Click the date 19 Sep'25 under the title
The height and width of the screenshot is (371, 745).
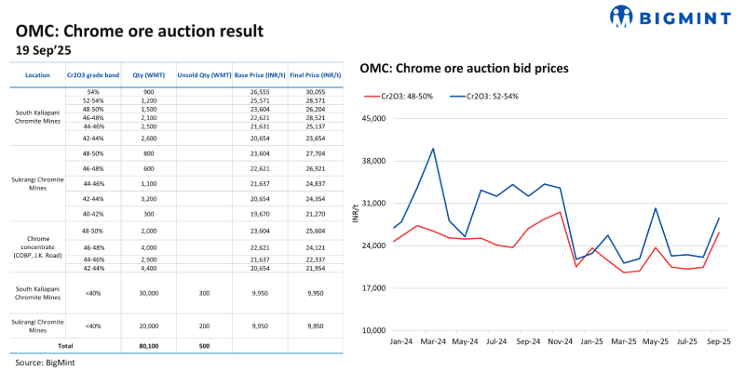(x=46, y=48)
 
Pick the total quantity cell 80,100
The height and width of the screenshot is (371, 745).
(x=149, y=345)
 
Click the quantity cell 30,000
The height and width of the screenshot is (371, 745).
(x=149, y=292)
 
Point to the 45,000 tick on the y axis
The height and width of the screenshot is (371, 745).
(x=374, y=119)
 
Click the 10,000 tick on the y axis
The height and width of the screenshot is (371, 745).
(x=374, y=330)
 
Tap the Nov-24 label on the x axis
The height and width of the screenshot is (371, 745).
(x=561, y=341)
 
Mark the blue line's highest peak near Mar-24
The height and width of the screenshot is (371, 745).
(x=433, y=148)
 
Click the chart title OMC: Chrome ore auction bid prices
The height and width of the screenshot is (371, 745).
(x=465, y=68)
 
